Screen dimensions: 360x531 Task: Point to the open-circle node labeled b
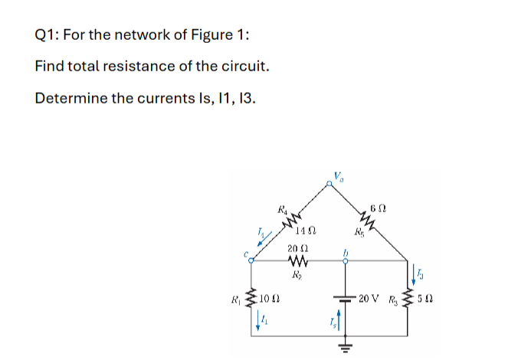[346, 260]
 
